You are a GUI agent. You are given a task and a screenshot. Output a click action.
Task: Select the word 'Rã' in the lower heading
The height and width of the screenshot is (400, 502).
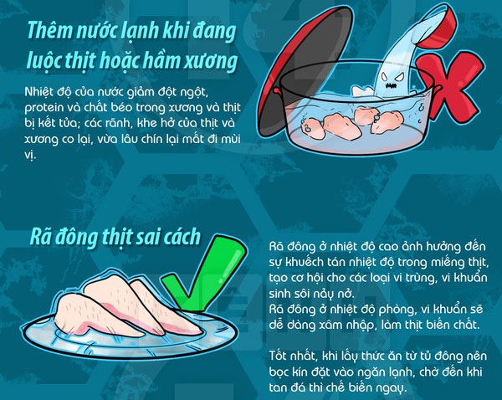click(39, 237)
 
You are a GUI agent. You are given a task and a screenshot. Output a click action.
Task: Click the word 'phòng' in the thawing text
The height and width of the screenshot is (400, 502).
click(397, 310)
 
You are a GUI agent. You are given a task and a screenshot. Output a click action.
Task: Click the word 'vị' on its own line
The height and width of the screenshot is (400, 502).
click(29, 155)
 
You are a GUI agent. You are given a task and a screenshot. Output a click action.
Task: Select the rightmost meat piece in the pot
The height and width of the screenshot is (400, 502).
click(387, 121)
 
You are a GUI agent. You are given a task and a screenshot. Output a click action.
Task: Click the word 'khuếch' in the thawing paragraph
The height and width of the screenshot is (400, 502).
click(305, 263)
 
